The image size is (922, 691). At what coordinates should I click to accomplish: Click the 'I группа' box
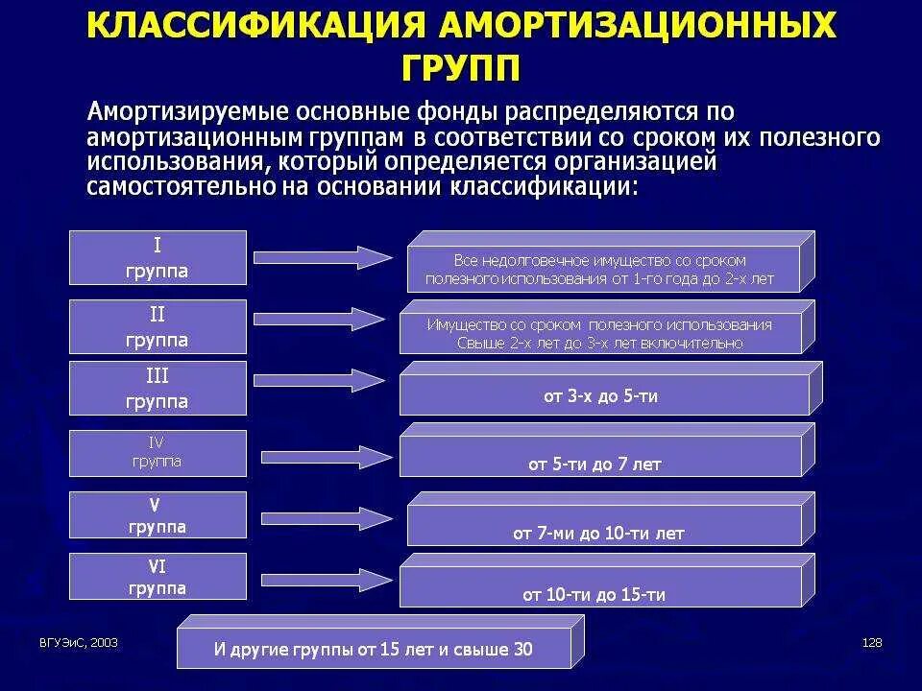tap(158, 257)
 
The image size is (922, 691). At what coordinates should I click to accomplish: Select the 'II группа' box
tap(158, 326)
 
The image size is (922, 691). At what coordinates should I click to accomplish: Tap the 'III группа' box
tap(158, 388)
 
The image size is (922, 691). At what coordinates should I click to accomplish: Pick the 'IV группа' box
tap(158, 453)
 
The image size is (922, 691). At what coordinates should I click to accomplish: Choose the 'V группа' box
tap(158, 515)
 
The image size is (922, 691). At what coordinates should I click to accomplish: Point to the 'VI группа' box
tap(158, 577)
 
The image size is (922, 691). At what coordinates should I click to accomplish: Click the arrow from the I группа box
tap(323, 257)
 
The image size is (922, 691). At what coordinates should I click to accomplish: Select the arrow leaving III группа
tap(323, 380)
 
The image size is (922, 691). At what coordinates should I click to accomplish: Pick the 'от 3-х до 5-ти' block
tap(600, 395)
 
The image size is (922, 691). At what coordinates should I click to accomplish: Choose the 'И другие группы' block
tap(373, 649)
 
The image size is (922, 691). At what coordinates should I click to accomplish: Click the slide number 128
tap(872, 643)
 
